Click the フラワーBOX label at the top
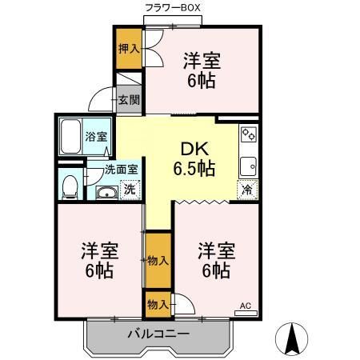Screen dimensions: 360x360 tap(171, 7)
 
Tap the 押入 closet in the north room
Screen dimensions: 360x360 tap(129, 48)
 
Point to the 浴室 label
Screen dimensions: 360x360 tap(96, 137)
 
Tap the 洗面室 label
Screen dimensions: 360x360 tap(122, 169)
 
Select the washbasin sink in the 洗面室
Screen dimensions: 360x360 tap(106, 192)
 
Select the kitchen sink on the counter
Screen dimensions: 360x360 tap(249, 166)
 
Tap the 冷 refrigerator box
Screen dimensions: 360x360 tap(248, 190)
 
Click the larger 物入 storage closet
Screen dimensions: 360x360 tap(157, 260)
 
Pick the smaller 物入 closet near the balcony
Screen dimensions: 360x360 tap(157, 304)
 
